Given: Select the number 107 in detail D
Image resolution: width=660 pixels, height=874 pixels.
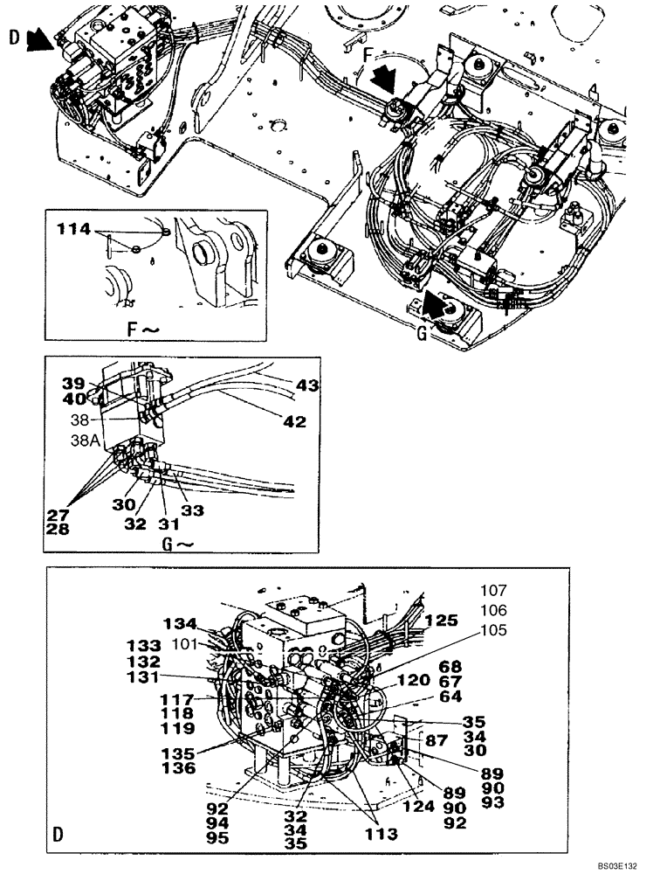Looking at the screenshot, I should tap(492, 591).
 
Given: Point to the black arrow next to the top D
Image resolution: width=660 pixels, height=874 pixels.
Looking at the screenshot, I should tap(38, 38).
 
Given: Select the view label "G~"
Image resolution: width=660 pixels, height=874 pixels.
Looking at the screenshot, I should tap(177, 544).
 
